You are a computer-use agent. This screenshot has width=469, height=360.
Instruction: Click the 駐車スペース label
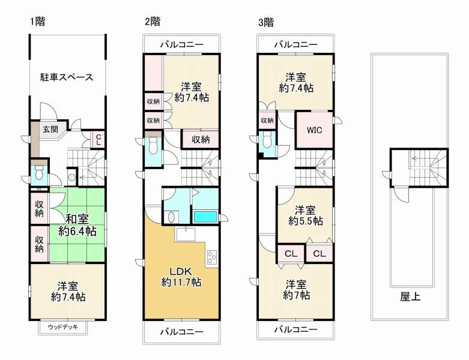pyautogui.click(x=67, y=77)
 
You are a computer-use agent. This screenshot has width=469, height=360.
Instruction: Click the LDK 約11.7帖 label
pyautogui.click(x=181, y=276)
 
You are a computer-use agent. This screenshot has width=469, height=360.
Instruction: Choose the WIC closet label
pyautogui.click(x=314, y=130)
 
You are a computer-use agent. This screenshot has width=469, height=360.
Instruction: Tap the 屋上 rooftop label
pyautogui.click(x=410, y=297)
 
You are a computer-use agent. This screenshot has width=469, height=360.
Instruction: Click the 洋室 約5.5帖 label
pyautogui.click(x=305, y=215)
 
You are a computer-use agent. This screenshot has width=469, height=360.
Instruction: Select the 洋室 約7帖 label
pyautogui.click(x=297, y=289)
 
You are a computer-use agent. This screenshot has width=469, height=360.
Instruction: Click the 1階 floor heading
pyautogui.click(x=38, y=22)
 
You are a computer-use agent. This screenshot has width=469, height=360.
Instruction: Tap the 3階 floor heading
pyautogui.click(x=265, y=22)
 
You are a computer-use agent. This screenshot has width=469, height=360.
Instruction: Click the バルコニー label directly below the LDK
pyautogui.click(x=181, y=331)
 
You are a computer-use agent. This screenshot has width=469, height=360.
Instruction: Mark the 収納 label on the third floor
pyautogui.click(x=267, y=120)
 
